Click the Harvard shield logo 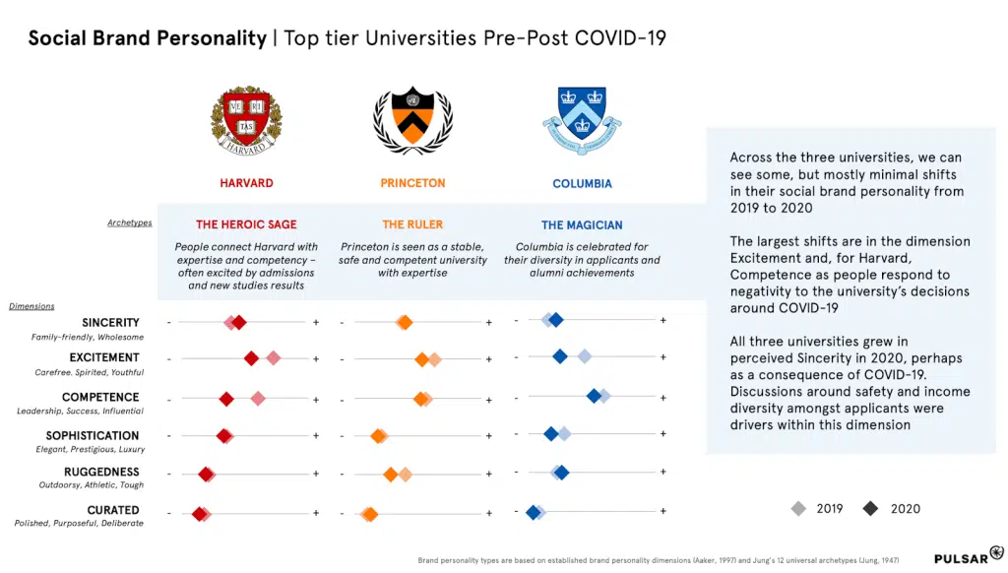click(x=246, y=120)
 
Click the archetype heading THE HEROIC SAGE click(x=246, y=224)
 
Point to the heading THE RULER click(x=412, y=224)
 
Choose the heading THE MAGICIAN click(x=582, y=224)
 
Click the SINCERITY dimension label click(x=110, y=322)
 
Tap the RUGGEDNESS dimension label click(x=102, y=472)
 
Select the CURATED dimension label click(x=113, y=510)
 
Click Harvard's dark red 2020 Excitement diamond click(x=252, y=358)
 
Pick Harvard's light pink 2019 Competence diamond click(x=258, y=398)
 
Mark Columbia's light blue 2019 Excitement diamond click(x=584, y=356)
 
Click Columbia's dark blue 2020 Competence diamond click(x=594, y=396)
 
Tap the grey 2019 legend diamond click(x=798, y=508)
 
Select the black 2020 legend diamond click(x=870, y=508)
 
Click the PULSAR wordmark click(x=960, y=557)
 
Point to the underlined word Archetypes click(x=130, y=223)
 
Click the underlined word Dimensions click(x=31, y=306)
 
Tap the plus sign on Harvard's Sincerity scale click(x=316, y=322)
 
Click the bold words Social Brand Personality click(x=147, y=38)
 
